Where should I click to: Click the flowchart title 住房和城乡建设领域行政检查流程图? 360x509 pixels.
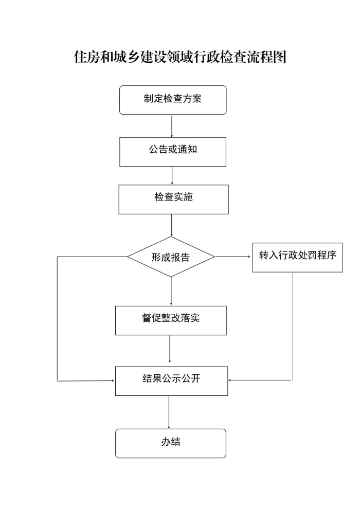point(180,57)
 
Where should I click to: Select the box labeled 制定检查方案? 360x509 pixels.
point(173,100)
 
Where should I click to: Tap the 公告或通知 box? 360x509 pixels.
point(173,152)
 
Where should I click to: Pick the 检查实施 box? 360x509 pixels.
point(174,199)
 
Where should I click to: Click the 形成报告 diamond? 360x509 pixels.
point(171,257)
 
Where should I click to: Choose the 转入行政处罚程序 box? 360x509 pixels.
point(298,258)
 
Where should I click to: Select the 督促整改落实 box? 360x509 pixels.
point(171,320)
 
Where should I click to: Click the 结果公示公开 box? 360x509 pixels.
point(171,381)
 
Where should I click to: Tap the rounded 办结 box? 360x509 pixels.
point(171,443)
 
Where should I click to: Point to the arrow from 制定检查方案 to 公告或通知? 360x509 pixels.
point(172,126)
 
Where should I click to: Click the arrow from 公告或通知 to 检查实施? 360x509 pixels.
point(172,176)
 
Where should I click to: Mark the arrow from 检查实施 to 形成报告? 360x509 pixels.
point(171,225)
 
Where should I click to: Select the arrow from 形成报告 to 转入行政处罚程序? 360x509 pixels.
point(233,257)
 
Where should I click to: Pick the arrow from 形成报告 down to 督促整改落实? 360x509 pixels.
point(171,291)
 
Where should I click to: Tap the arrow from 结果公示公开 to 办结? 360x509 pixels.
point(169,412)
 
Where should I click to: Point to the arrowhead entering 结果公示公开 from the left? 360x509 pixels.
point(113,380)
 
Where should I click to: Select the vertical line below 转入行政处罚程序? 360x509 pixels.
point(293,326)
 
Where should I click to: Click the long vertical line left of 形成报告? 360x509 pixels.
point(58,319)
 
